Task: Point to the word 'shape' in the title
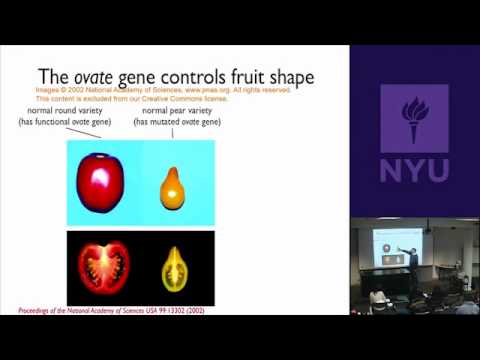pyautogui.click(x=285, y=75)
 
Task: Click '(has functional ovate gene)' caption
pyautogui.click(x=64, y=122)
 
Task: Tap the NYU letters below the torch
pyautogui.click(x=414, y=171)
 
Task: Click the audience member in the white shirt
pyautogui.click(x=379, y=299)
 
